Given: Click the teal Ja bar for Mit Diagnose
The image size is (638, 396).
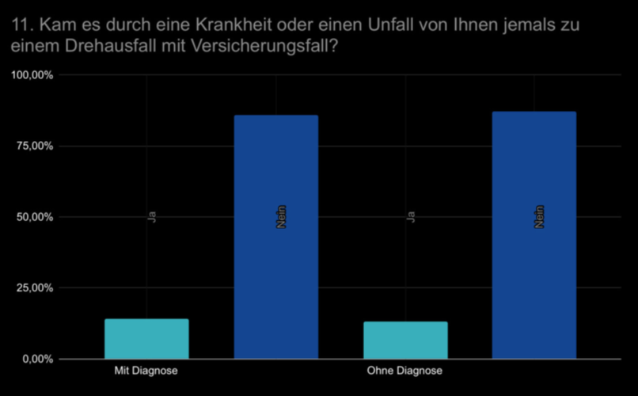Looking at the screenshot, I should tap(146, 339).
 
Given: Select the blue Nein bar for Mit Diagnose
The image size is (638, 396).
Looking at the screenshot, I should tap(275, 237).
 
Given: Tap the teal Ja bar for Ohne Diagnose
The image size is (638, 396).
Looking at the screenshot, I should tap(404, 340).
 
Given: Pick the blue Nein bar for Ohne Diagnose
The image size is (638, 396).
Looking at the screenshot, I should tap(534, 235).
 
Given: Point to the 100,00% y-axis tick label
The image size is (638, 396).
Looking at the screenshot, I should tap(32, 75).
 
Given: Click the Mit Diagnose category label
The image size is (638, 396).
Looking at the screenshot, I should tap(146, 371).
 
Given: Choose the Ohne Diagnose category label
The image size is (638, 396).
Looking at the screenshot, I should tap(404, 371).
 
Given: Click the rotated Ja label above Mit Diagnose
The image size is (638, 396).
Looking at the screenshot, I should tap(153, 216).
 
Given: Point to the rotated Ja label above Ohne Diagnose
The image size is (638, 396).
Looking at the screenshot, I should tap(411, 216).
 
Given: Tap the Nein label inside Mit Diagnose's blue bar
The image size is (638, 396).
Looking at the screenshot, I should tap(281, 216).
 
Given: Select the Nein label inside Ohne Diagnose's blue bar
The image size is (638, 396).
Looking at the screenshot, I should tap(540, 216).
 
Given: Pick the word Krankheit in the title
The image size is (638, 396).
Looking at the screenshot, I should tap(229, 25).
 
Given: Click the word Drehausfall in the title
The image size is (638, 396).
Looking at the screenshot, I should tap(106, 48).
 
